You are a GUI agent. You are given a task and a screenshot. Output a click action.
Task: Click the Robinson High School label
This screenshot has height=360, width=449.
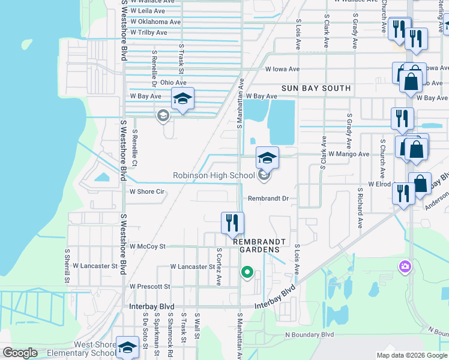point(213,176)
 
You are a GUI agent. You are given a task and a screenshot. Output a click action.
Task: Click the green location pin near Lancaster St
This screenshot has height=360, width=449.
point(247,273)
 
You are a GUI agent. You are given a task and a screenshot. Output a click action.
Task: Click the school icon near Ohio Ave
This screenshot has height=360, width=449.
point(182,99)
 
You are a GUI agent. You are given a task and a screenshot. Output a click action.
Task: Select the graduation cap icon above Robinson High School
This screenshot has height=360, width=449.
point(267,158)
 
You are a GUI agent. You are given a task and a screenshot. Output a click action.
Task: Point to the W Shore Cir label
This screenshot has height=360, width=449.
point(147,192)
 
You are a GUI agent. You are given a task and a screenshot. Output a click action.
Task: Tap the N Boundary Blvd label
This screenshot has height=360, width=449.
point(309,334)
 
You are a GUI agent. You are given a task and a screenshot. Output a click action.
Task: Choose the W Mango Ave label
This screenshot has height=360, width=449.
point(349,154)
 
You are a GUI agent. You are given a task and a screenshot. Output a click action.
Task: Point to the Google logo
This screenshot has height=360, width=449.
point(20,353)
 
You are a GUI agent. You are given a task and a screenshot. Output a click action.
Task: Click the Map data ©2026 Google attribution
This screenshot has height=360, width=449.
point(411,355)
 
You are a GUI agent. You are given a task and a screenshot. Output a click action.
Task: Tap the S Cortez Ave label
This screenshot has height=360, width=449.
point(219,266)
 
